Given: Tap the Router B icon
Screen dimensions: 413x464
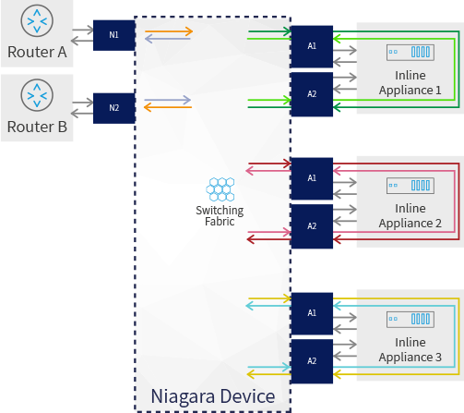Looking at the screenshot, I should (x=38, y=95).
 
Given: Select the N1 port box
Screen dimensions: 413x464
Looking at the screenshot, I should (x=113, y=35).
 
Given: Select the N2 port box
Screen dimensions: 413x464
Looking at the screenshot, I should (x=113, y=107).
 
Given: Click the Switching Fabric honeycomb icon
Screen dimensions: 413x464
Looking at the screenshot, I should (x=220, y=189).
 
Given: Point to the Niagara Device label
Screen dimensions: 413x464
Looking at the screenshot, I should (x=212, y=396).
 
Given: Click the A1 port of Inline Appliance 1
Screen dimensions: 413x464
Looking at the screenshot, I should (x=312, y=45).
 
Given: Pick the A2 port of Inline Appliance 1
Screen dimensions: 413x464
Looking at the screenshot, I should (x=312, y=94).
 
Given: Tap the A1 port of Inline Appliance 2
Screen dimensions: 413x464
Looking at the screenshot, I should (x=312, y=177).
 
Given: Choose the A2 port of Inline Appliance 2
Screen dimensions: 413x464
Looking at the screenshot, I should (x=312, y=226).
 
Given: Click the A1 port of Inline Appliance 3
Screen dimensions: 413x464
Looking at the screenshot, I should (x=312, y=313).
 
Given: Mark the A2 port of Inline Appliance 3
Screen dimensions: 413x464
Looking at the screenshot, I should (x=312, y=361).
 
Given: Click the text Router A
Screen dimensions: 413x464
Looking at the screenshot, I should (x=37, y=53).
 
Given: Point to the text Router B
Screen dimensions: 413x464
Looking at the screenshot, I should (x=37, y=127).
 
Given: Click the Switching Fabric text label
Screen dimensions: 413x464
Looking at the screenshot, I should (x=220, y=216).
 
